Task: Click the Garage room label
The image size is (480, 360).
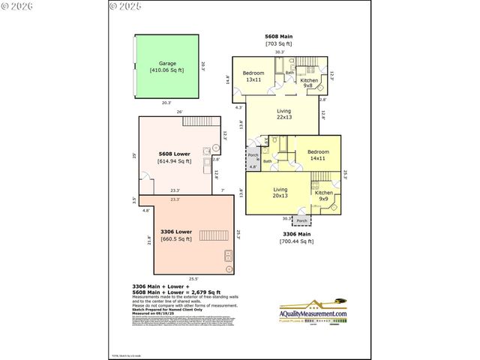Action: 167,64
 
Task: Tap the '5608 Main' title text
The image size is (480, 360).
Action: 279,36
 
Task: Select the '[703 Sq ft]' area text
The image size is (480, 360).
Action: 279,43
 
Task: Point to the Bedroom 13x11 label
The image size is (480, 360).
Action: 253,76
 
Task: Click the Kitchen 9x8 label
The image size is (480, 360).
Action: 308,82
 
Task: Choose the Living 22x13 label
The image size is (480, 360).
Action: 283,113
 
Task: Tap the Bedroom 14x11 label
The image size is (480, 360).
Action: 317,154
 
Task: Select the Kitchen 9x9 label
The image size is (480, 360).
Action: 323,196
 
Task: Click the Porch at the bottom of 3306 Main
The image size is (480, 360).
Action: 301,220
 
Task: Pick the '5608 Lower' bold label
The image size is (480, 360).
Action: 173,154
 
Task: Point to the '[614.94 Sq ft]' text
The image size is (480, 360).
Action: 174,161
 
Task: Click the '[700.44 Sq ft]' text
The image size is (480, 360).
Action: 295,241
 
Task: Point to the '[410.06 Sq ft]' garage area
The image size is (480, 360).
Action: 167,70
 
